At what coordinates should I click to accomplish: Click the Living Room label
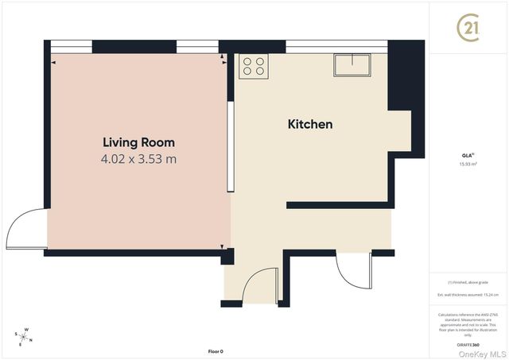[x=138, y=142]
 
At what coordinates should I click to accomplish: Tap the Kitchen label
[x=309, y=124]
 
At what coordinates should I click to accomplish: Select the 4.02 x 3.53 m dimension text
[x=138, y=159]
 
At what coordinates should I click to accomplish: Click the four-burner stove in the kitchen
[x=254, y=66]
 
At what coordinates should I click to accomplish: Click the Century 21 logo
[x=468, y=29]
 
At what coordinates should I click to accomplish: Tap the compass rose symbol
[x=25, y=337]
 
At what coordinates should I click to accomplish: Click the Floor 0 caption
[x=216, y=350]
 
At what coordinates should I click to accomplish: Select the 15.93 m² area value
[x=468, y=165]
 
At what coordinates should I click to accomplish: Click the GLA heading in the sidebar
[x=468, y=155]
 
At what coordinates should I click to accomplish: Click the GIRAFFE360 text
[x=468, y=345]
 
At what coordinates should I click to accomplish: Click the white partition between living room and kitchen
[x=229, y=146]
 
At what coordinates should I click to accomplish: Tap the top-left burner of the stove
[x=247, y=60]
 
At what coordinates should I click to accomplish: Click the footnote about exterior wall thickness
[x=468, y=295]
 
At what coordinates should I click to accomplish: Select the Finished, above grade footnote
[x=468, y=282]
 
